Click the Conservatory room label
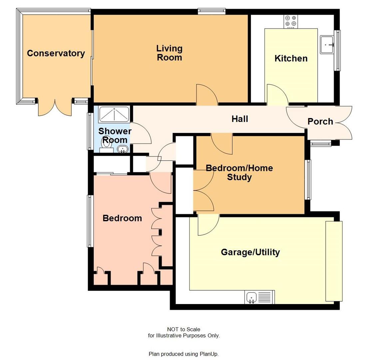pos(56,53)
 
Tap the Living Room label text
pos(169,53)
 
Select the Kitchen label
pos(291,58)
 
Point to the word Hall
pos(240,119)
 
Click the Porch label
pos(320,122)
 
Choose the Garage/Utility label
pos(250,252)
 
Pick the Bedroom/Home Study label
pos(239,172)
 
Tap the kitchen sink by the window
pos(327,45)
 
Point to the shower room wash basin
pos(123,149)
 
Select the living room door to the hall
pos(207,95)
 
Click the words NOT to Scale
pos(184,329)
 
